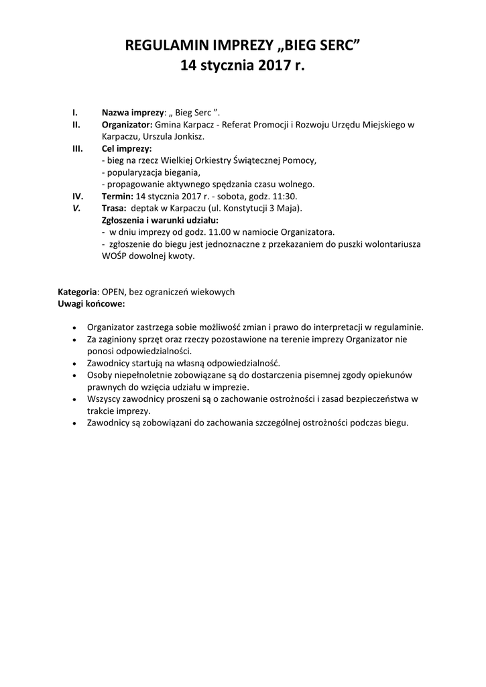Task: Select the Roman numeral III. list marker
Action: click(77, 148)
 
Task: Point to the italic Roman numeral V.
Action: click(76, 208)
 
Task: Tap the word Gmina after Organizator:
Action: click(169, 124)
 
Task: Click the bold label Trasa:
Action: click(114, 208)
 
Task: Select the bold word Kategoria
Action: click(78, 293)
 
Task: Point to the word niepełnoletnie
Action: click(147, 375)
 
